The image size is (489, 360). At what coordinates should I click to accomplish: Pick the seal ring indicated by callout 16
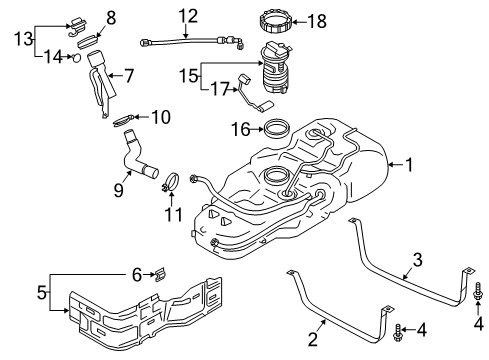(x=276, y=128)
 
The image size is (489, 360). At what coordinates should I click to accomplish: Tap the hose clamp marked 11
(x=171, y=183)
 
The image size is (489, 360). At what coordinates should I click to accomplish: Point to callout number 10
(x=161, y=117)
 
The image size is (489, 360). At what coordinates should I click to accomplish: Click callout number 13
(x=17, y=38)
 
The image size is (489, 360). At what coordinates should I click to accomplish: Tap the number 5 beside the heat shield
(x=14, y=296)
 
